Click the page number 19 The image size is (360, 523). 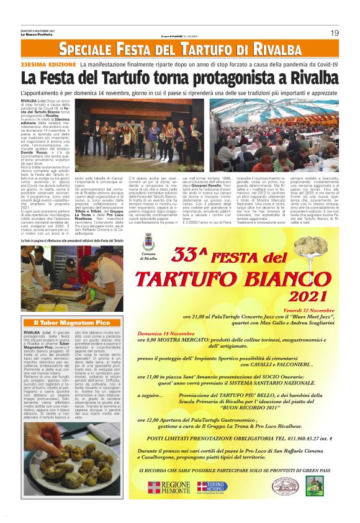(334, 32)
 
